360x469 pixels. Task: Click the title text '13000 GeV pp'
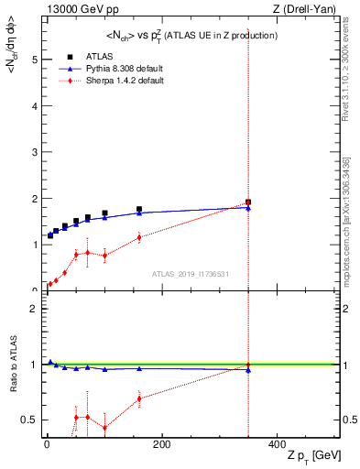[75, 9]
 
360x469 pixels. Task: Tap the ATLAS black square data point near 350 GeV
[248, 202]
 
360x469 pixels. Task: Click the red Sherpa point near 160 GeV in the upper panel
[139, 237]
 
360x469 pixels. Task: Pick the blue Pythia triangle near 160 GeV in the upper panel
[139, 213]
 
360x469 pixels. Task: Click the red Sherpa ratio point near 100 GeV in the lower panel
[104, 428]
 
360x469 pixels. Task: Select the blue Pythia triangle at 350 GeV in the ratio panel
[248, 370]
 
